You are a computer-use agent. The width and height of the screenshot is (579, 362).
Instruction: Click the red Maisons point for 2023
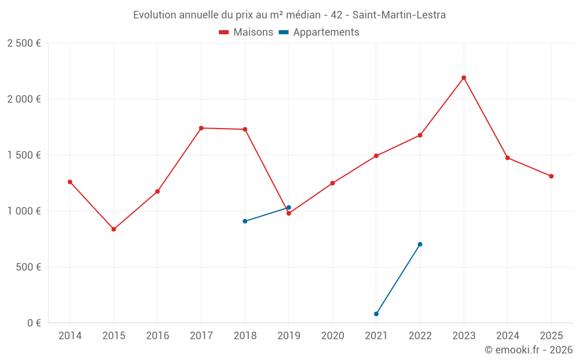tap(464, 78)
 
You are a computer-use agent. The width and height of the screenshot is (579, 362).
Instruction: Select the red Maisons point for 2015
tap(113, 229)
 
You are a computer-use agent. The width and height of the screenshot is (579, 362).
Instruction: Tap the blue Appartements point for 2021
tap(376, 314)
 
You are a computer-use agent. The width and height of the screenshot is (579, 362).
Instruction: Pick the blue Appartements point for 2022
tap(420, 244)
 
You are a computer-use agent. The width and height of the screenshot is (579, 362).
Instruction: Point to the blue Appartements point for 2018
tap(245, 221)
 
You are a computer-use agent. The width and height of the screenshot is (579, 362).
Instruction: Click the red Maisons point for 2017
tap(201, 128)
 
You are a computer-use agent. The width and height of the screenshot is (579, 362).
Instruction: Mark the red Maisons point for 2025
tap(551, 176)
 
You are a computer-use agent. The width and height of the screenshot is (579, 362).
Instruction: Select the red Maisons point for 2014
tap(70, 182)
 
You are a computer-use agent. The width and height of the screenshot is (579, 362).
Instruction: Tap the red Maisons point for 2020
tap(332, 183)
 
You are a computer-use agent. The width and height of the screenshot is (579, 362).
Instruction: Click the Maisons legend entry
tap(246, 32)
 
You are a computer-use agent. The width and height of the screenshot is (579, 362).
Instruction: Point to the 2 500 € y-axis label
tap(24, 43)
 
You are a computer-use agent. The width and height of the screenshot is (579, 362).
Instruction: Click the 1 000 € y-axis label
tap(24, 211)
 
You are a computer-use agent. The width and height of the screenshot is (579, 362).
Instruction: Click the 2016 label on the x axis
tap(157, 336)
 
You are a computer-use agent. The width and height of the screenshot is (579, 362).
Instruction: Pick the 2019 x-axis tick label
tap(289, 336)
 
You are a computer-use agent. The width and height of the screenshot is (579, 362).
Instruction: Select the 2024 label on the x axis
tap(507, 336)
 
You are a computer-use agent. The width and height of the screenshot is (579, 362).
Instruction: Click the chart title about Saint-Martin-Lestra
tap(289, 15)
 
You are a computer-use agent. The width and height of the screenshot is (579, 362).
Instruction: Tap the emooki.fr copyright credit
tap(529, 350)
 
